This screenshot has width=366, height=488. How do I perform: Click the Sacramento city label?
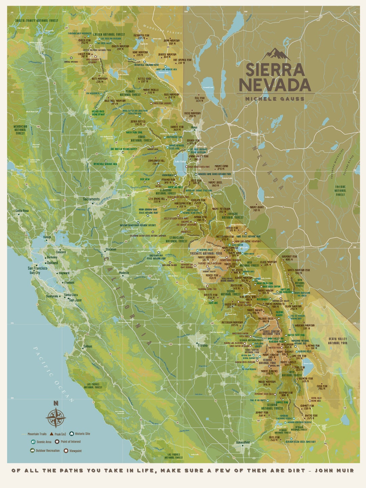tap(91, 199)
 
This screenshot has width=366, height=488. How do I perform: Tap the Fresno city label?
tap(203, 345)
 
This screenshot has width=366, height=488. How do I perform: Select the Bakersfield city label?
tap(243, 442)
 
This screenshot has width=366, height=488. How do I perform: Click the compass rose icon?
tap(56, 418)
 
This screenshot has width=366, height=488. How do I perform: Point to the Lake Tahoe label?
tap(180, 162)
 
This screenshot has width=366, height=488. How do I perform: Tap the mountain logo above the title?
tap(276, 54)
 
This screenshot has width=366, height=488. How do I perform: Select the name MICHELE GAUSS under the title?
tap(275, 99)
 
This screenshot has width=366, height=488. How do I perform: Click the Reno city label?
tap(194, 128)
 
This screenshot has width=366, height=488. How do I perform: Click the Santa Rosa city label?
tap(22, 210)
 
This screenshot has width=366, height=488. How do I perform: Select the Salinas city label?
tap(87, 346)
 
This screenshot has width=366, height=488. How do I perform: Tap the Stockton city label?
tap(111, 249)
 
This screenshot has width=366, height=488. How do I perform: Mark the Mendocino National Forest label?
tap(20, 130)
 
